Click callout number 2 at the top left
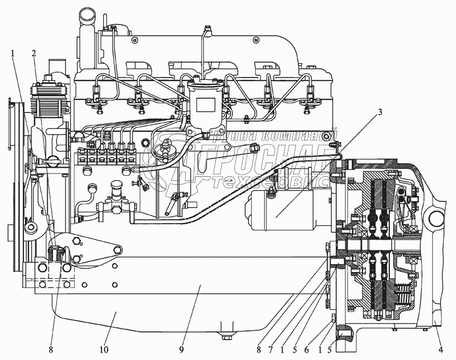[x=35, y=54]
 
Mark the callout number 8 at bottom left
[x=52, y=347]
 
